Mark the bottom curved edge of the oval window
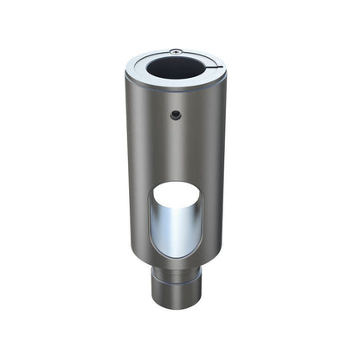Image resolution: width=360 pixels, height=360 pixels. (177, 257)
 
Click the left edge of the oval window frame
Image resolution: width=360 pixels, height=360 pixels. (153, 221)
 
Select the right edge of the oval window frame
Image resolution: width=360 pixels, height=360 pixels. (202, 221)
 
